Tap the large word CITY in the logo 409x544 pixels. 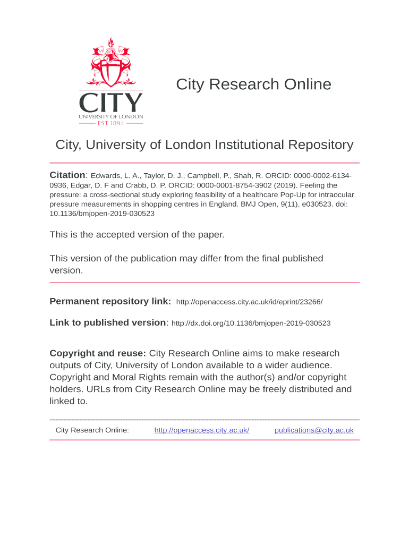tap(111, 103)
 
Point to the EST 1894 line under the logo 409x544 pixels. tap(111, 123)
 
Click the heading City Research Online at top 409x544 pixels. tap(253, 84)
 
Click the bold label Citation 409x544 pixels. tap(67, 175)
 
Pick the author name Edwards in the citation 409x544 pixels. tap(106, 176)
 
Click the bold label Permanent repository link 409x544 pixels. tap(110, 301)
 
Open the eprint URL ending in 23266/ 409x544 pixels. tap(249, 302)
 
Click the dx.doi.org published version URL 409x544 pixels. tap(251, 323)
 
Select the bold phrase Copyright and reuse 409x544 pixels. tap(98, 353)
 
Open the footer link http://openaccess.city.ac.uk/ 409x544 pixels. tap(202, 430)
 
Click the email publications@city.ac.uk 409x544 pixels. tap(314, 430)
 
